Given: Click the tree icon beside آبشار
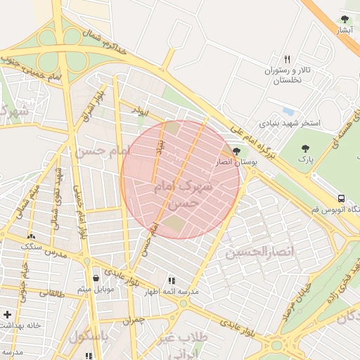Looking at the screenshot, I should pyautogui.click(x=345, y=20).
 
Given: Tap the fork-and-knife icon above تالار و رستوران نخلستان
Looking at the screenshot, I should pyautogui.click(x=287, y=59).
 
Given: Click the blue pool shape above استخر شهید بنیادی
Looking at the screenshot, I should pyautogui.click(x=288, y=111).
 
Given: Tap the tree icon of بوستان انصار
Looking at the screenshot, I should pyautogui.click(x=236, y=150).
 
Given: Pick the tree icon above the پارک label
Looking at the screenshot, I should pyautogui.click(x=304, y=148).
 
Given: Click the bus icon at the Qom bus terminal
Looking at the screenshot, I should pyautogui.click(x=341, y=198).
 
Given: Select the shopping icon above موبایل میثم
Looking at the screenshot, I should pyautogui.click(x=96, y=278).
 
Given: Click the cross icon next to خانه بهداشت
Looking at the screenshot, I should pyautogui.click(x=7, y=314).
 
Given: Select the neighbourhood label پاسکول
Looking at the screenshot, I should pyautogui.click(x=90, y=336).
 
